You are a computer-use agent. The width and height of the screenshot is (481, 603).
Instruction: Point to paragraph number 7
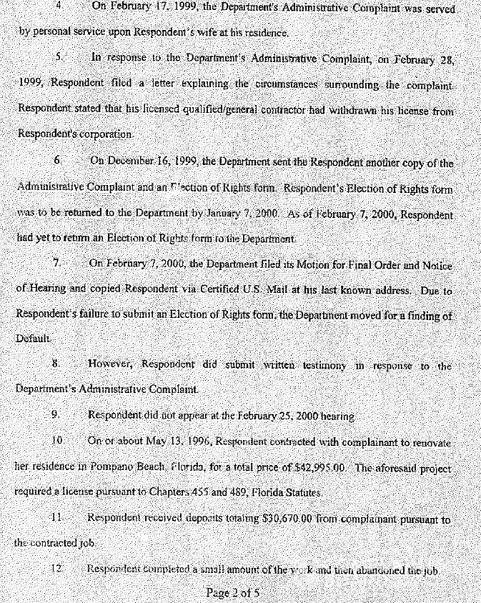[57, 263]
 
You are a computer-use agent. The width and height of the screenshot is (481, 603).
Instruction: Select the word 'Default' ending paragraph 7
[32, 339]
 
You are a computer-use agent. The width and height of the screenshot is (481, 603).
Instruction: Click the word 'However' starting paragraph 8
[111, 364]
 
